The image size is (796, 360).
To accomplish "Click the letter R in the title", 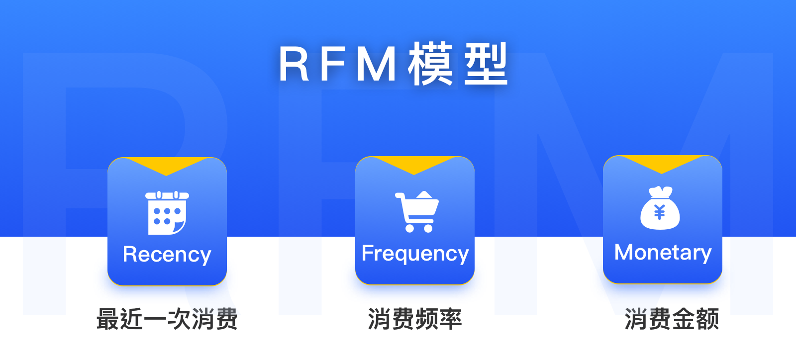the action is [x=295, y=64].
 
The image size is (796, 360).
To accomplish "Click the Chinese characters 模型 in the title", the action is [x=458, y=64].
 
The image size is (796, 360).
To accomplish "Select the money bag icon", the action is [x=660, y=209].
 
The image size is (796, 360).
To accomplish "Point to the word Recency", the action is [x=167, y=255].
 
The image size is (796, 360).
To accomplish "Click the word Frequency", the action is [x=415, y=254].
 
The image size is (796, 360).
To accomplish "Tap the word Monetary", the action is [x=663, y=253].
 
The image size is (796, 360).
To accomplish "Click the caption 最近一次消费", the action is [x=167, y=319].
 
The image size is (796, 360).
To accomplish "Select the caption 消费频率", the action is [x=415, y=319].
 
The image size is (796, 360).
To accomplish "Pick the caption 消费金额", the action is [x=672, y=319].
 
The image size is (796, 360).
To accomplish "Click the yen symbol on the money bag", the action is [x=660, y=213].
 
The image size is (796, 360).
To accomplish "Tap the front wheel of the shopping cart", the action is [x=428, y=228].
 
